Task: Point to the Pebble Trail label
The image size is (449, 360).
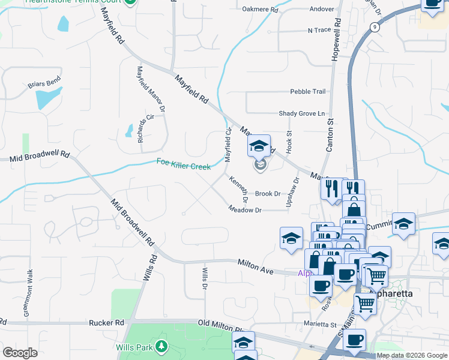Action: (x=307, y=92)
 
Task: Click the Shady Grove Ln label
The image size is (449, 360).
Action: (x=301, y=113)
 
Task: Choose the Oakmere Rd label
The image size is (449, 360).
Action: (x=261, y=10)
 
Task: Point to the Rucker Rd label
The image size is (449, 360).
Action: (x=106, y=323)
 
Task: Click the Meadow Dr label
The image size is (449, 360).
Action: (x=245, y=210)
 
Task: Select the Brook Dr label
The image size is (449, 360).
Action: (x=268, y=194)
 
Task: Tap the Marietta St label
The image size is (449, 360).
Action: (x=319, y=325)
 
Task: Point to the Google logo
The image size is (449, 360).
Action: (x=20, y=353)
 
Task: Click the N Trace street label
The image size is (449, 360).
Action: (x=319, y=30)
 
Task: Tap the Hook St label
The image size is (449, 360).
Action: (x=289, y=142)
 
